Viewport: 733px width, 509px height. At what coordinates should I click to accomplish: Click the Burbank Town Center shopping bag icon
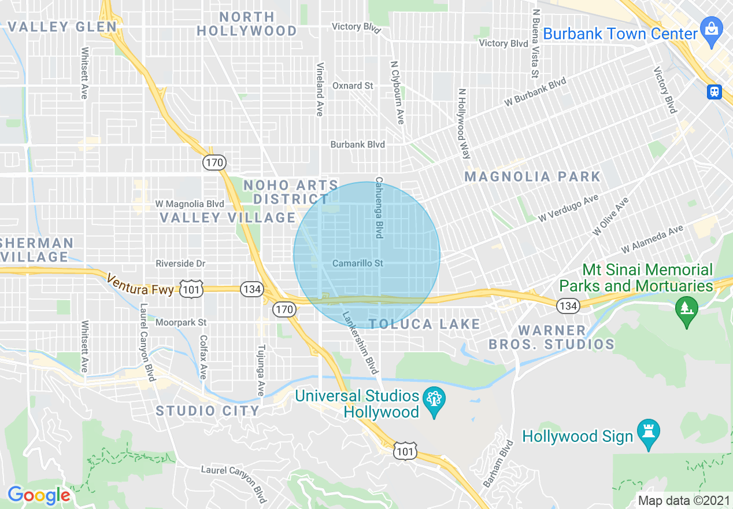(710, 28)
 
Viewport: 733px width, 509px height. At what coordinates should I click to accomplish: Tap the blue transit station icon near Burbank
(715, 91)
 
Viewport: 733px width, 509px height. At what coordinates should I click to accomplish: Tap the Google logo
(39, 495)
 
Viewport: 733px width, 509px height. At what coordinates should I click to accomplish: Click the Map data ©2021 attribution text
(683, 500)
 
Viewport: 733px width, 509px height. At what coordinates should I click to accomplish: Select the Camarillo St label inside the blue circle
(358, 263)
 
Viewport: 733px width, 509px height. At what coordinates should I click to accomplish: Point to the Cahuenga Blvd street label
(379, 208)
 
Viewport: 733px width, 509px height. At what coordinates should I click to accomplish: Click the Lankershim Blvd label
(360, 342)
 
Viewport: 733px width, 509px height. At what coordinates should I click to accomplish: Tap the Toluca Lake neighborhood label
(424, 324)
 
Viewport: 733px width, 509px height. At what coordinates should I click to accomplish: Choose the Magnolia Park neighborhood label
(532, 176)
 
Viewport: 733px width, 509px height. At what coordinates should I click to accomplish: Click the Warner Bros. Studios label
(551, 337)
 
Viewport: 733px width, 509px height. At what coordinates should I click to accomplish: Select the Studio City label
(208, 411)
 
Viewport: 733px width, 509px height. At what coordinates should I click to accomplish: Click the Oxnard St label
(353, 86)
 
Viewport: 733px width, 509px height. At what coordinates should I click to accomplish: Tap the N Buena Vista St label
(536, 43)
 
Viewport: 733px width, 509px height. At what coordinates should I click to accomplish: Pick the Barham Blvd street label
(498, 463)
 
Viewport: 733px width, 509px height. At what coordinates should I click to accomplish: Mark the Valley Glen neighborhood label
(62, 27)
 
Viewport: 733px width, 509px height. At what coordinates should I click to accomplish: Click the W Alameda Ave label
(652, 240)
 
